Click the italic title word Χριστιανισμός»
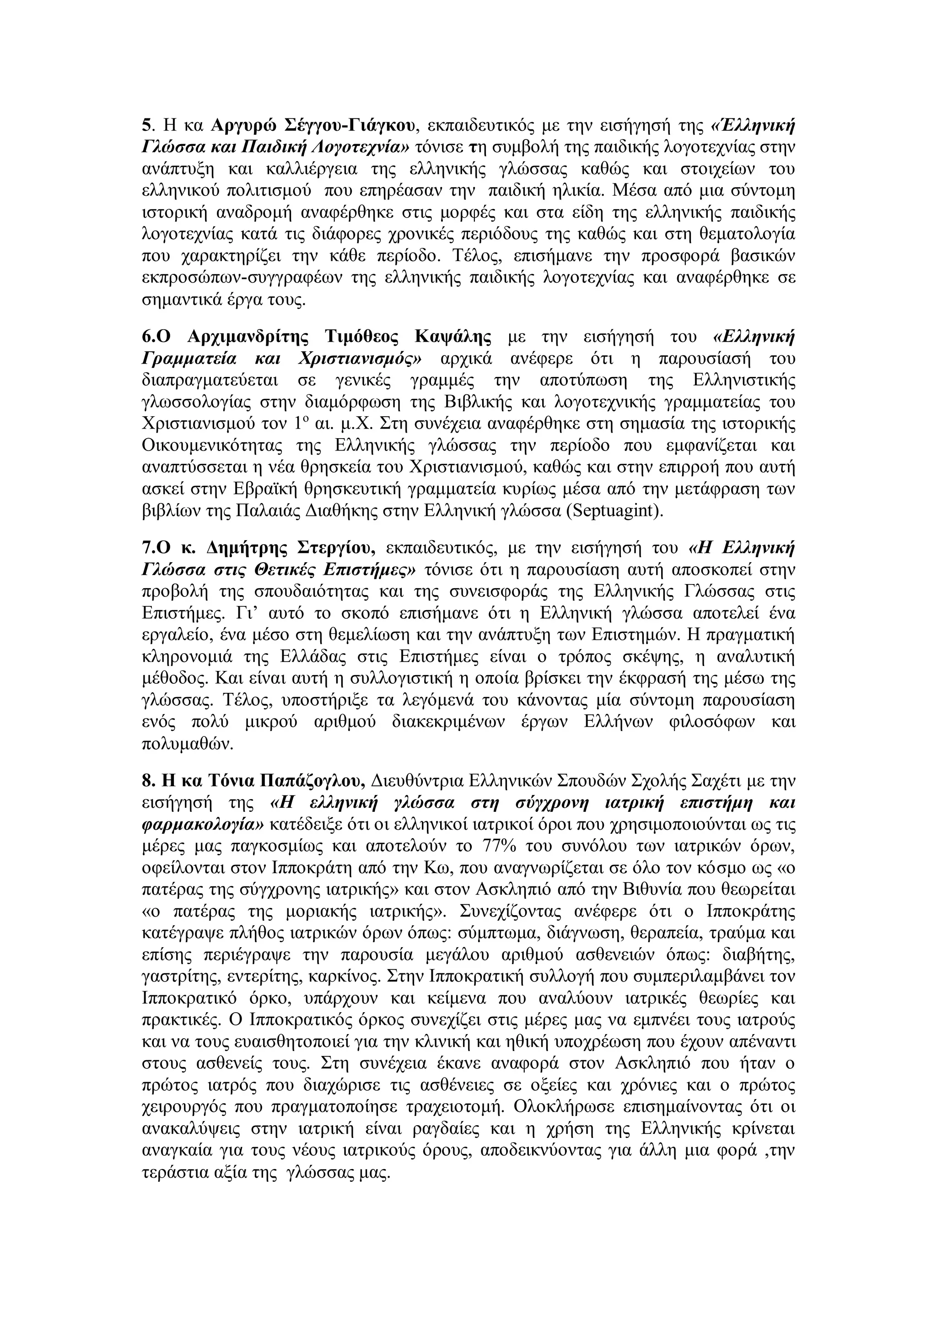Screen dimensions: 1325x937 pyautogui.click(x=360, y=359)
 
